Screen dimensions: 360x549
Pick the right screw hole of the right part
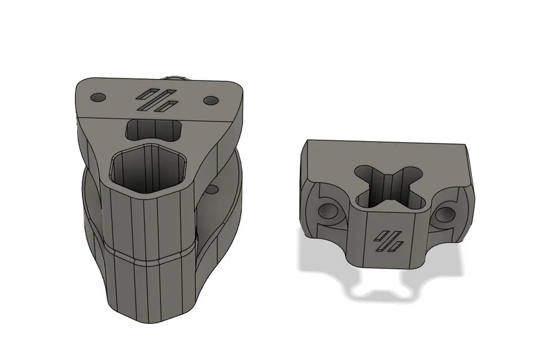click(x=445, y=214)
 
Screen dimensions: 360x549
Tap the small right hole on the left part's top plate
click(x=210, y=100)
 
